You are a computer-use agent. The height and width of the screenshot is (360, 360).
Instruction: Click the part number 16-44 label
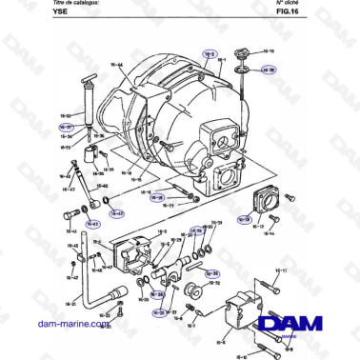(118, 65)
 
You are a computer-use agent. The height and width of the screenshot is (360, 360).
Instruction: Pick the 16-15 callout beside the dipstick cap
(268, 51)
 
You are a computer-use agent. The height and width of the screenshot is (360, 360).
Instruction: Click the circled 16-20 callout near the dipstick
(268, 70)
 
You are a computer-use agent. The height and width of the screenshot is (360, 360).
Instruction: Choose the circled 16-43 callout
(93, 224)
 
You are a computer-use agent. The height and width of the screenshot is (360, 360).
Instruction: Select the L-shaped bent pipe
(95, 290)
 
